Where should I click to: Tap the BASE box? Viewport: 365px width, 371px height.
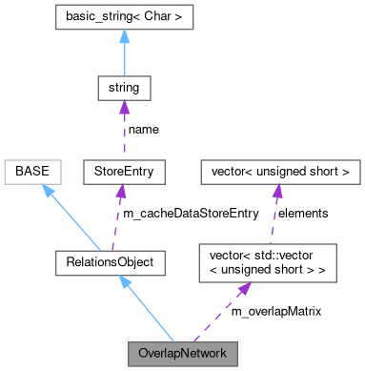(x=33, y=172)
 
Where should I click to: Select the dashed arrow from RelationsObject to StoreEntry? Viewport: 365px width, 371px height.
(x=123, y=215)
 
